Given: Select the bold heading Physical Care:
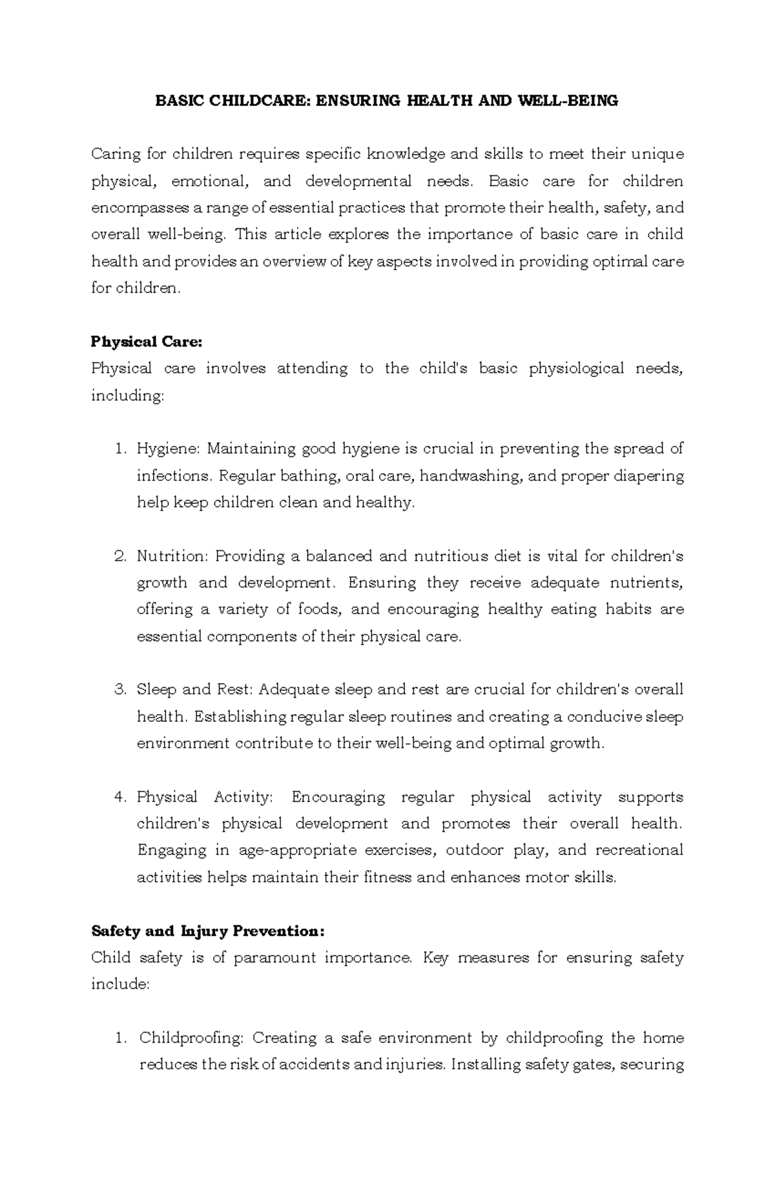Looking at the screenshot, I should pos(147,341).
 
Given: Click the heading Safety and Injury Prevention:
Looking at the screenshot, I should pos(207,931).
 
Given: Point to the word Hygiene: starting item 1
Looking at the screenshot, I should pos(169,449).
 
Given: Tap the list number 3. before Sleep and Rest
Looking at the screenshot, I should pos(120,690).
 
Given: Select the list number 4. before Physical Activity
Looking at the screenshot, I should pos(120,797).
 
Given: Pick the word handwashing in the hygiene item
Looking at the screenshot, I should pos(474,476).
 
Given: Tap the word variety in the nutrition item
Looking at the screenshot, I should pos(242,609).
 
